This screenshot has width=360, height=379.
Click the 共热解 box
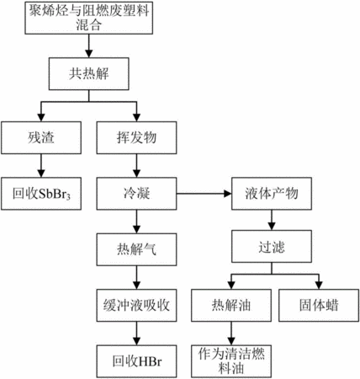89,74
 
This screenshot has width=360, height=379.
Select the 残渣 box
41,137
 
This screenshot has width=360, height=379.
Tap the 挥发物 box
136,137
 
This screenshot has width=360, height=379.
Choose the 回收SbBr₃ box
41,194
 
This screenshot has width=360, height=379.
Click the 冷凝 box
136,194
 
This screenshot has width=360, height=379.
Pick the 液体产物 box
272,194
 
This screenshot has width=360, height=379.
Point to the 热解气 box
136,249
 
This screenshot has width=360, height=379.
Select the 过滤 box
272,247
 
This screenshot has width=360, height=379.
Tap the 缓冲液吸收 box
136,305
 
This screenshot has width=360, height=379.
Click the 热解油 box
231,305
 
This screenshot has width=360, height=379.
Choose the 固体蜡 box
319,305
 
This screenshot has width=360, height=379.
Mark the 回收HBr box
136,361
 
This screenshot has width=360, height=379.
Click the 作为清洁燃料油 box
231,361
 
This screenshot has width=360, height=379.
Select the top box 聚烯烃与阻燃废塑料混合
89,18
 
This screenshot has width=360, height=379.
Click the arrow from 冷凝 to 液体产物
204,194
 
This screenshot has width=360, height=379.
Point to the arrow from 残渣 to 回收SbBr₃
41,166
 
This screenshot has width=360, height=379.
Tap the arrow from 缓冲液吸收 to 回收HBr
136,334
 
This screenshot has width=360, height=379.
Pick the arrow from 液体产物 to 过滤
272,220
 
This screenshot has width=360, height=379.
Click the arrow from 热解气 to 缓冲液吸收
136,277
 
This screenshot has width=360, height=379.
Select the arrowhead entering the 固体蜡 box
319,286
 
